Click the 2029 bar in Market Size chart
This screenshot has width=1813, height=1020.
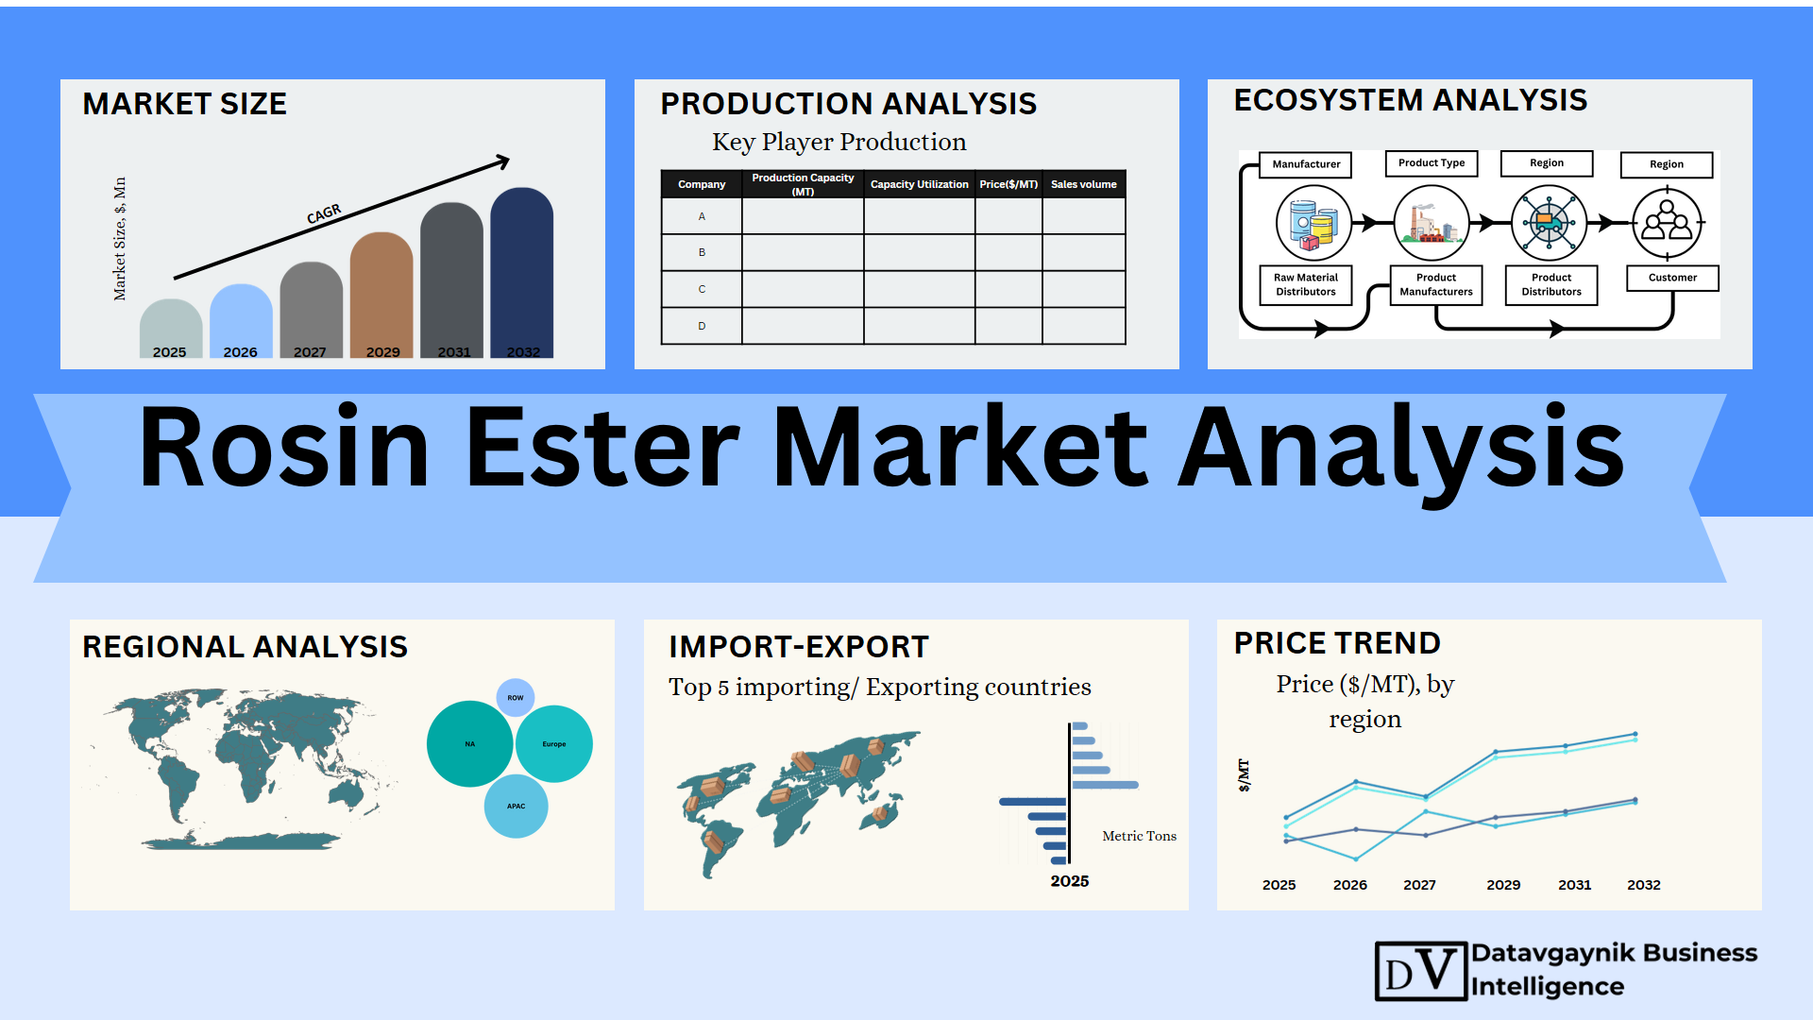tap(381, 296)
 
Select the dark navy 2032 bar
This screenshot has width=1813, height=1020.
tap(522, 273)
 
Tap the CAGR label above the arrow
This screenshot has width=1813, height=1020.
tap(324, 214)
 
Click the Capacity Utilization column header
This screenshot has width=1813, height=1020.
tap(919, 184)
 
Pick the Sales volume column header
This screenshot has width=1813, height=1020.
tap(1084, 184)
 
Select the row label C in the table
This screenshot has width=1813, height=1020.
tap(702, 289)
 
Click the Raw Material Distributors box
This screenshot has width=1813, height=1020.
tap(1306, 284)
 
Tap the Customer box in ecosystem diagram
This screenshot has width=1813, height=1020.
tap(1672, 278)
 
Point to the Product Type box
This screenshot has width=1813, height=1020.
tap(1432, 163)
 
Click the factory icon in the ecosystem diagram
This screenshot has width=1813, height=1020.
tap(1432, 223)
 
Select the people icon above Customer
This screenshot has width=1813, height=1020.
tap(1668, 223)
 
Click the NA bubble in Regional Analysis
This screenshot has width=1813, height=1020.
tap(470, 744)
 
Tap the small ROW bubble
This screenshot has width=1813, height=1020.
tap(516, 698)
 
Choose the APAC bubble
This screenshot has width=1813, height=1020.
tap(516, 807)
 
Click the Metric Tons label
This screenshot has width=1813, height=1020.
tap(1140, 836)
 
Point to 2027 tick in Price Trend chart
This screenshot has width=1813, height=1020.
tap(1419, 885)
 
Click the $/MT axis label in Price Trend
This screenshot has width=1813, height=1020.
tap(1244, 775)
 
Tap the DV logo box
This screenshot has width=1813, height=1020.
tap(1421, 971)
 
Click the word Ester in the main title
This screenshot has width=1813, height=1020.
tap(602, 448)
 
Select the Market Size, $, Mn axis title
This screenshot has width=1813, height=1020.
tap(120, 239)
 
